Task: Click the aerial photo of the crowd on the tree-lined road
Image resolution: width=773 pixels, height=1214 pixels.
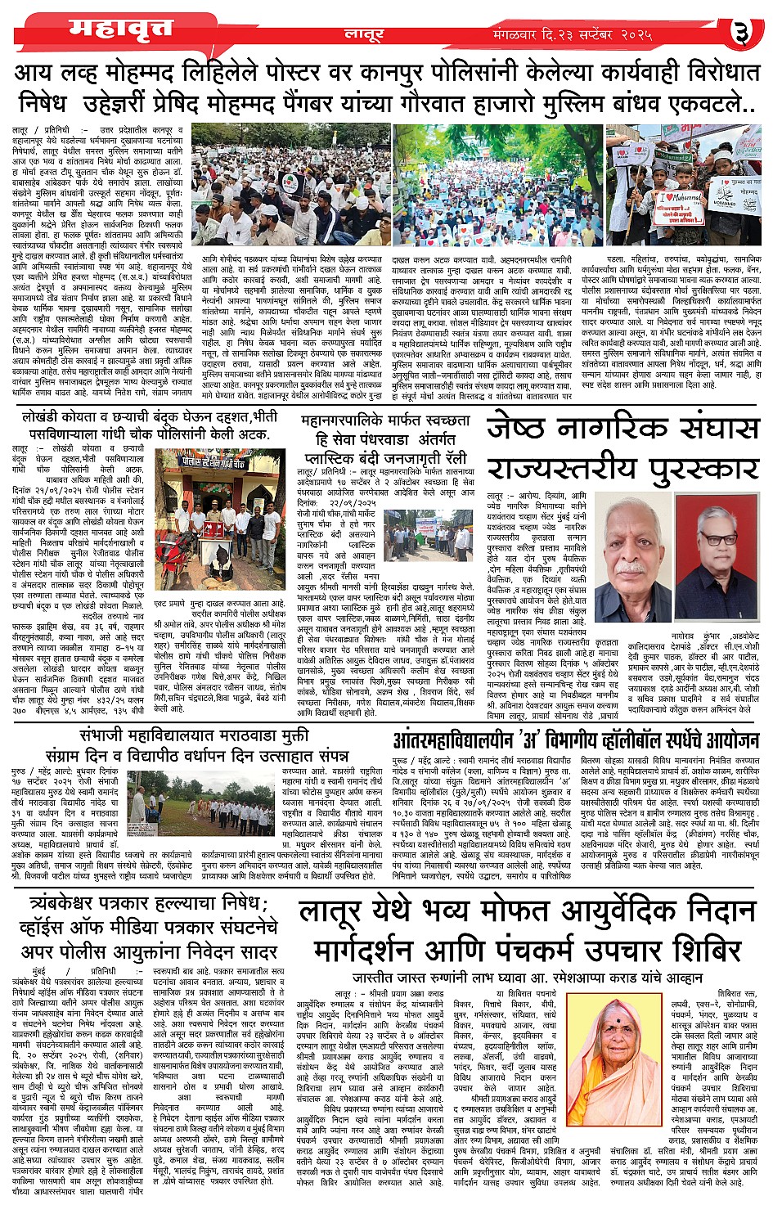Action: [x=497, y=183]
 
